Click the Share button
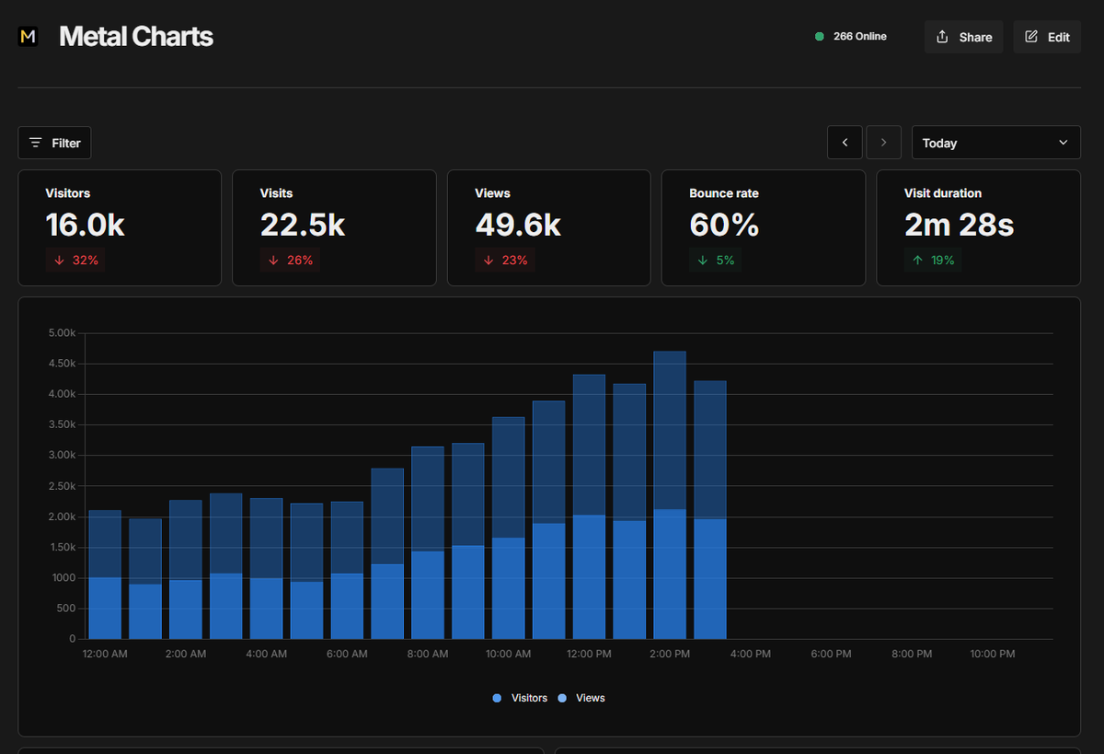point(963,37)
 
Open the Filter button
point(54,143)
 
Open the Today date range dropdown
point(995,143)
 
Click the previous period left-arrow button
point(845,143)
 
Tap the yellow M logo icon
point(29,37)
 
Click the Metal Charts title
point(136,37)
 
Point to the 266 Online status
point(851,37)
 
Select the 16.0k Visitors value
point(85,225)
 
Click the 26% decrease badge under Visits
point(290,261)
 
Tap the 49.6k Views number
point(517,225)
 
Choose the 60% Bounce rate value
point(724,225)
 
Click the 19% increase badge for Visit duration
point(933,261)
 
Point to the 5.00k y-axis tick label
point(62,333)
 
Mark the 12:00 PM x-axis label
point(589,654)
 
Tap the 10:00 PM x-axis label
point(992,654)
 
